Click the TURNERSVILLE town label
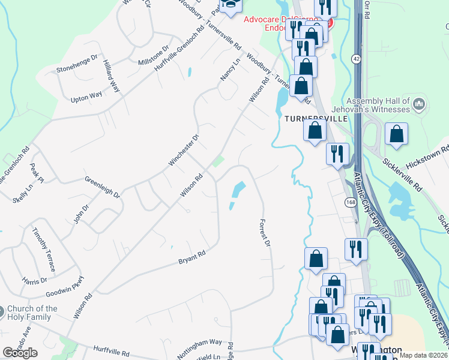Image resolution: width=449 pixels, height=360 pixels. [x=316, y=119]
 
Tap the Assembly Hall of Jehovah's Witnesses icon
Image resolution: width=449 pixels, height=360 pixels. [x=420, y=104]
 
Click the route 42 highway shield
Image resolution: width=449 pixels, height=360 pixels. [x=357, y=59]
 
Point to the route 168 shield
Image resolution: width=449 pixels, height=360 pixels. [x=351, y=203]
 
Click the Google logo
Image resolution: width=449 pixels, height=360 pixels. [x=20, y=353]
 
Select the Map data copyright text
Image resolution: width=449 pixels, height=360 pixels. [x=423, y=355]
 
